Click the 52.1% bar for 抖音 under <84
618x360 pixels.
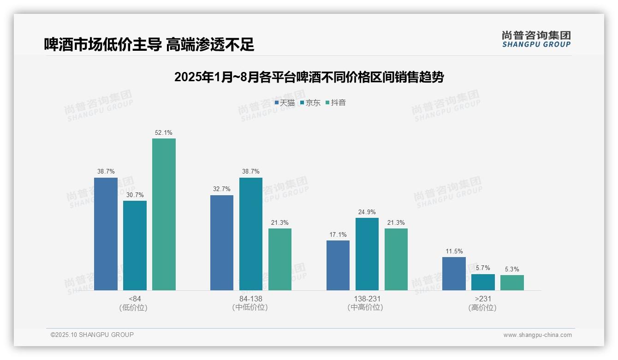[164, 214]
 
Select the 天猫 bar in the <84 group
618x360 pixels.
[106, 234]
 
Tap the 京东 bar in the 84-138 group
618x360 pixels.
[251, 234]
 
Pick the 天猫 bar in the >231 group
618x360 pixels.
[454, 274]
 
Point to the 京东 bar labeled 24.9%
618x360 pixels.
[367, 254]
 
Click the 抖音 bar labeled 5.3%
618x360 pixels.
[512, 282]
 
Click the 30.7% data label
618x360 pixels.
[135, 195]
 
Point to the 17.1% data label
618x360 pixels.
[338, 234]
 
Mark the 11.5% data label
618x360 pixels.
[454, 251]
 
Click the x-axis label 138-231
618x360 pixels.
[367, 299]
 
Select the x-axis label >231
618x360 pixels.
[483, 299]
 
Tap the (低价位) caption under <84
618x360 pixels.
[133, 307]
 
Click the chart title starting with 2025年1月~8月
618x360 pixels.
[309, 77]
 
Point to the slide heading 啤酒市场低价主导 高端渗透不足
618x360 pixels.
[149, 44]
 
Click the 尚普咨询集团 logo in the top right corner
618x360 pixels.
[536, 39]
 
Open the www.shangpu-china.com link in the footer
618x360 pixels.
[537, 335]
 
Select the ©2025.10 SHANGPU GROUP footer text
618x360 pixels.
[92, 335]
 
